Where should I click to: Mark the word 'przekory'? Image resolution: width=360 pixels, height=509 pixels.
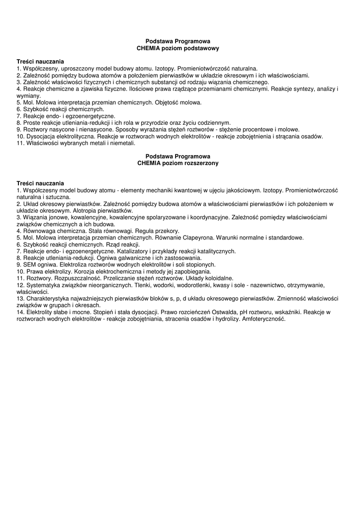coord(166,231)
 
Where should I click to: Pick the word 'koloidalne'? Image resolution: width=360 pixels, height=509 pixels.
coord(218,278)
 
